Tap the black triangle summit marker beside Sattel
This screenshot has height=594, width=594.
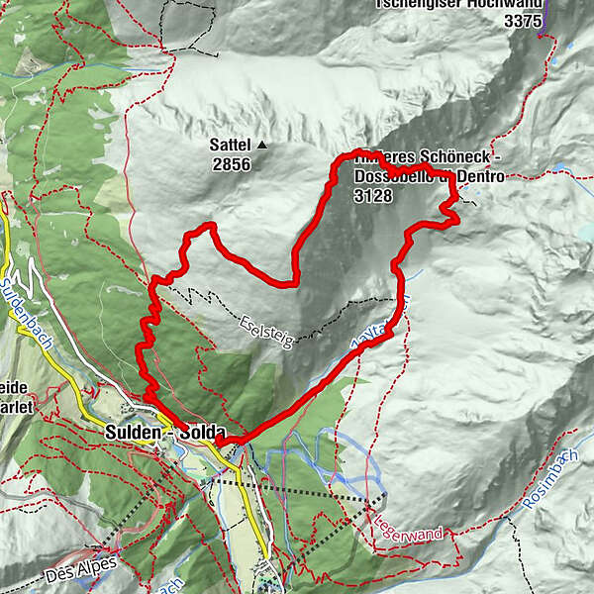(262, 146)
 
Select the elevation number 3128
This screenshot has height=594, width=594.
(372, 196)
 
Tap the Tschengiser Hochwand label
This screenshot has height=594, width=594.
(459, 3)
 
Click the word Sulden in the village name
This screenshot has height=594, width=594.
(132, 433)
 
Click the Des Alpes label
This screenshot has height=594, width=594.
(82, 568)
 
